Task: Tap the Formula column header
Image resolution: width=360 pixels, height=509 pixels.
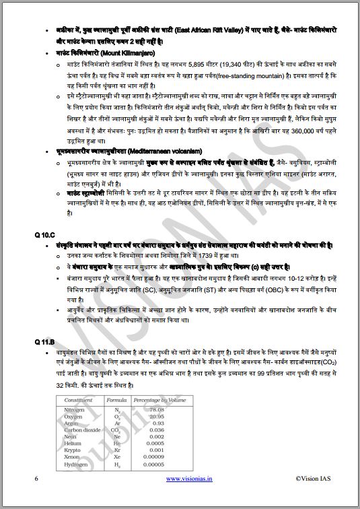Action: coord(117,401)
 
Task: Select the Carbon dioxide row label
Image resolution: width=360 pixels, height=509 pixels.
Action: coord(82,429)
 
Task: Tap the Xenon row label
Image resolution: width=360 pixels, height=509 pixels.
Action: coord(71,456)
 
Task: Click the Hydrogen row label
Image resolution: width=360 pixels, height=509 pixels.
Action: coord(75,464)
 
